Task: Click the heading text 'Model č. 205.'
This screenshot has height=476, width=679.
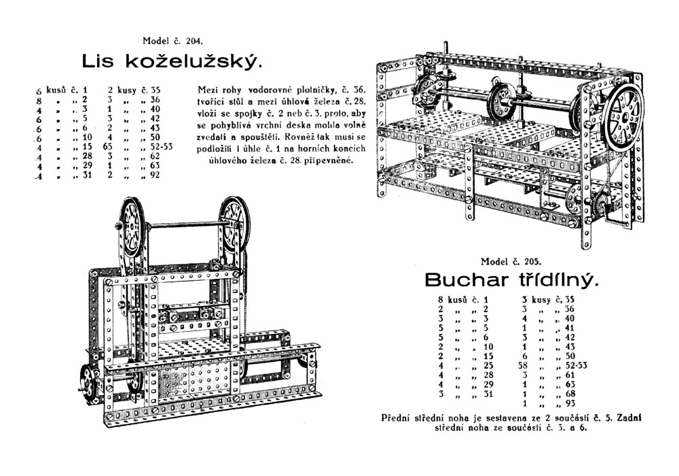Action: [510, 261]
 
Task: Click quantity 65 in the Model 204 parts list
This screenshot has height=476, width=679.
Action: [107, 146]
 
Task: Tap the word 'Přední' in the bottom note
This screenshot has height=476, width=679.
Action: [396, 418]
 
